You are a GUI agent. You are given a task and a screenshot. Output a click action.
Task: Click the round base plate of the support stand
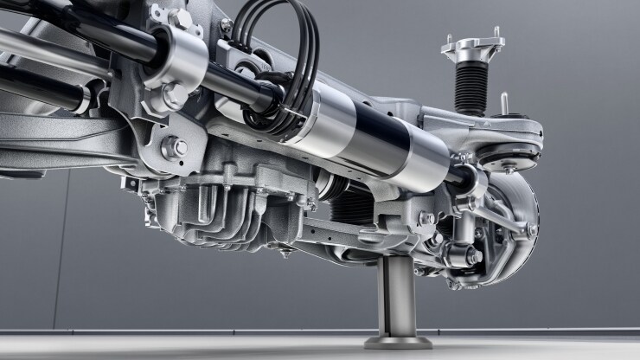(397, 343)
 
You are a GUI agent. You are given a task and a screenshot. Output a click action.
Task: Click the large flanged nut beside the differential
(176, 147)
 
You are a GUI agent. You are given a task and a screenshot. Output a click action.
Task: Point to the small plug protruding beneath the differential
(284, 252)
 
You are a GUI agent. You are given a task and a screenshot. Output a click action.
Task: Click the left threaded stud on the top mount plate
(448, 41)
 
